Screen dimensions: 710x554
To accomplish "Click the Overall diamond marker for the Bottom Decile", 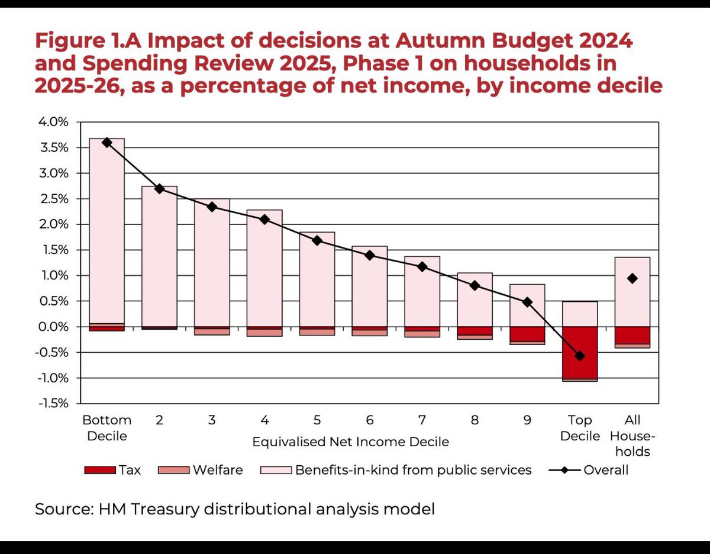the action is point(107,143).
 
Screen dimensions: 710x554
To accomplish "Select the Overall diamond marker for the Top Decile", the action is point(580,356).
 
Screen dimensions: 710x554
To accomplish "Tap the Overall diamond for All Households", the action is point(632,279).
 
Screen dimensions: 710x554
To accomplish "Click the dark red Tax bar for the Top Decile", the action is point(580,353).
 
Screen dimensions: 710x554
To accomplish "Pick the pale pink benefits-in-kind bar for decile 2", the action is point(159,256).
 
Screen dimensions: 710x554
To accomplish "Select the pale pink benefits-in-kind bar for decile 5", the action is point(317,279).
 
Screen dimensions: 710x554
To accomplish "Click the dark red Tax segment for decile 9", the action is point(527,334).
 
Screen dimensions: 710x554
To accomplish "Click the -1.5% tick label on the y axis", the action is point(54,404).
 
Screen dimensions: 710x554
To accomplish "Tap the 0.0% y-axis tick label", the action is point(54,327).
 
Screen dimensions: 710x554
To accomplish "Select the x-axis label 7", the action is point(422,420).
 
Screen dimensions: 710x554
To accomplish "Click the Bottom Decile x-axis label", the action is point(107,428).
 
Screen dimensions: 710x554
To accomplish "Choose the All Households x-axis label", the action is point(632,436).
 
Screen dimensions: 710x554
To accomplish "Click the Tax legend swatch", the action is point(100,471).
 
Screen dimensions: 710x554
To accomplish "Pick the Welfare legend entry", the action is point(201,471).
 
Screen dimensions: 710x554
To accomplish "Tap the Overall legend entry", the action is point(589,471).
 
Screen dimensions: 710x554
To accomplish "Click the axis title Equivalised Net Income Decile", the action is point(351,442).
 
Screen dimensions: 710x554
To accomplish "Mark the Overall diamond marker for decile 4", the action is point(264,220).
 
